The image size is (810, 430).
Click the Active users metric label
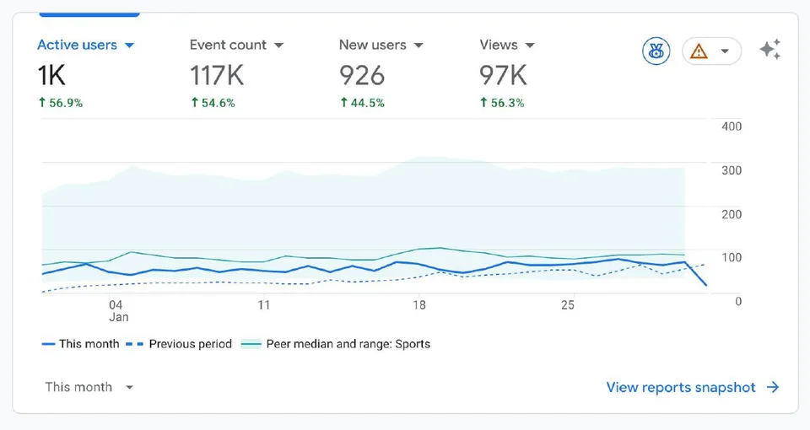pos(77,46)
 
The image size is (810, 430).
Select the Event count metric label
pos(228,46)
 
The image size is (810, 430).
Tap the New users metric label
pos(372,46)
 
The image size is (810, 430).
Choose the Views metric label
pos(499,46)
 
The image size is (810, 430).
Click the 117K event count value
pos(217,76)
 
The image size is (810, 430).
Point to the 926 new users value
pos(362,76)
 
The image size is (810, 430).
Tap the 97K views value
pos(503,76)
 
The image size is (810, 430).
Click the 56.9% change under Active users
pos(60,103)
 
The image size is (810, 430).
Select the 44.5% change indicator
pos(362,103)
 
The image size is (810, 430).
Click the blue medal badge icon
pos(655,51)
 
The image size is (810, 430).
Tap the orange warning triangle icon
pos(699,51)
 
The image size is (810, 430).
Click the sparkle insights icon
pos(769,50)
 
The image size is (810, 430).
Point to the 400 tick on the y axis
pos(732,126)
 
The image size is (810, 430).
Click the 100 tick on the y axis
pos(732,257)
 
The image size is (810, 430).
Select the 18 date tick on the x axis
pos(418,305)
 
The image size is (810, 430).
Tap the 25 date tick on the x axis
pos(568,305)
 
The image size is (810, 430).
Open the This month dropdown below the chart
pos(89,387)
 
